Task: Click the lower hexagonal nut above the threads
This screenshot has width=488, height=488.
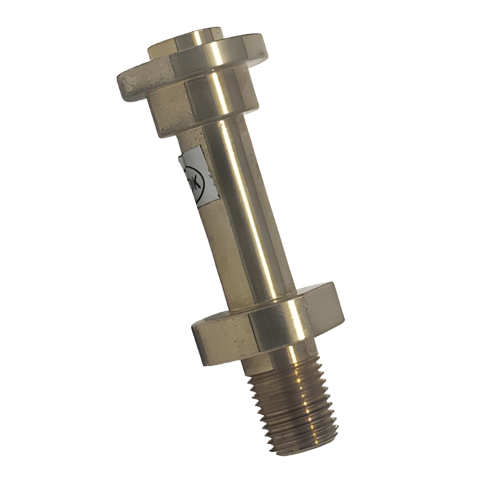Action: [x=268, y=324]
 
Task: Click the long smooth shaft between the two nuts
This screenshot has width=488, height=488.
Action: [x=241, y=209]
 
